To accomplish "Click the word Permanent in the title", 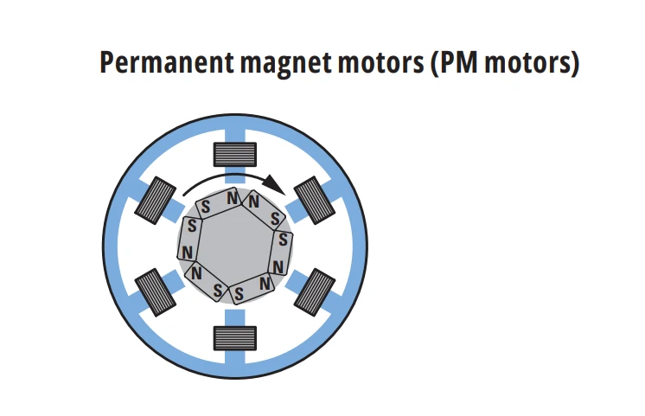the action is (x=167, y=62).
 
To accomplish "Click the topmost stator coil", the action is (x=235, y=154).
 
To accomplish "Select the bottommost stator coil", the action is (x=235, y=338).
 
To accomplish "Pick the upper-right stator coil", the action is (x=315, y=201).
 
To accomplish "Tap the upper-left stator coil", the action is (x=156, y=201).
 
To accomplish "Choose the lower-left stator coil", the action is (x=156, y=292).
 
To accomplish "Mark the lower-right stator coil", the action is (x=315, y=292).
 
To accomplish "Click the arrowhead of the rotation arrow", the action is (x=275, y=184).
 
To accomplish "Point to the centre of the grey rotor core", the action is (x=234, y=246).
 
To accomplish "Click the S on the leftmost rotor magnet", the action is (x=192, y=226).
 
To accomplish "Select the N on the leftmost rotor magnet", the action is (x=187, y=253).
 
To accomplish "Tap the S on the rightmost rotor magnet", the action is (x=283, y=239).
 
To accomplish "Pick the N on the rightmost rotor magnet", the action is (x=278, y=267).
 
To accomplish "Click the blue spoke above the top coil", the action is (x=235, y=136).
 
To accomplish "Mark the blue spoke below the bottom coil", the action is (x=235, y=357).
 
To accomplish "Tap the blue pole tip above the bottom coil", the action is (x=235, y=318).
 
